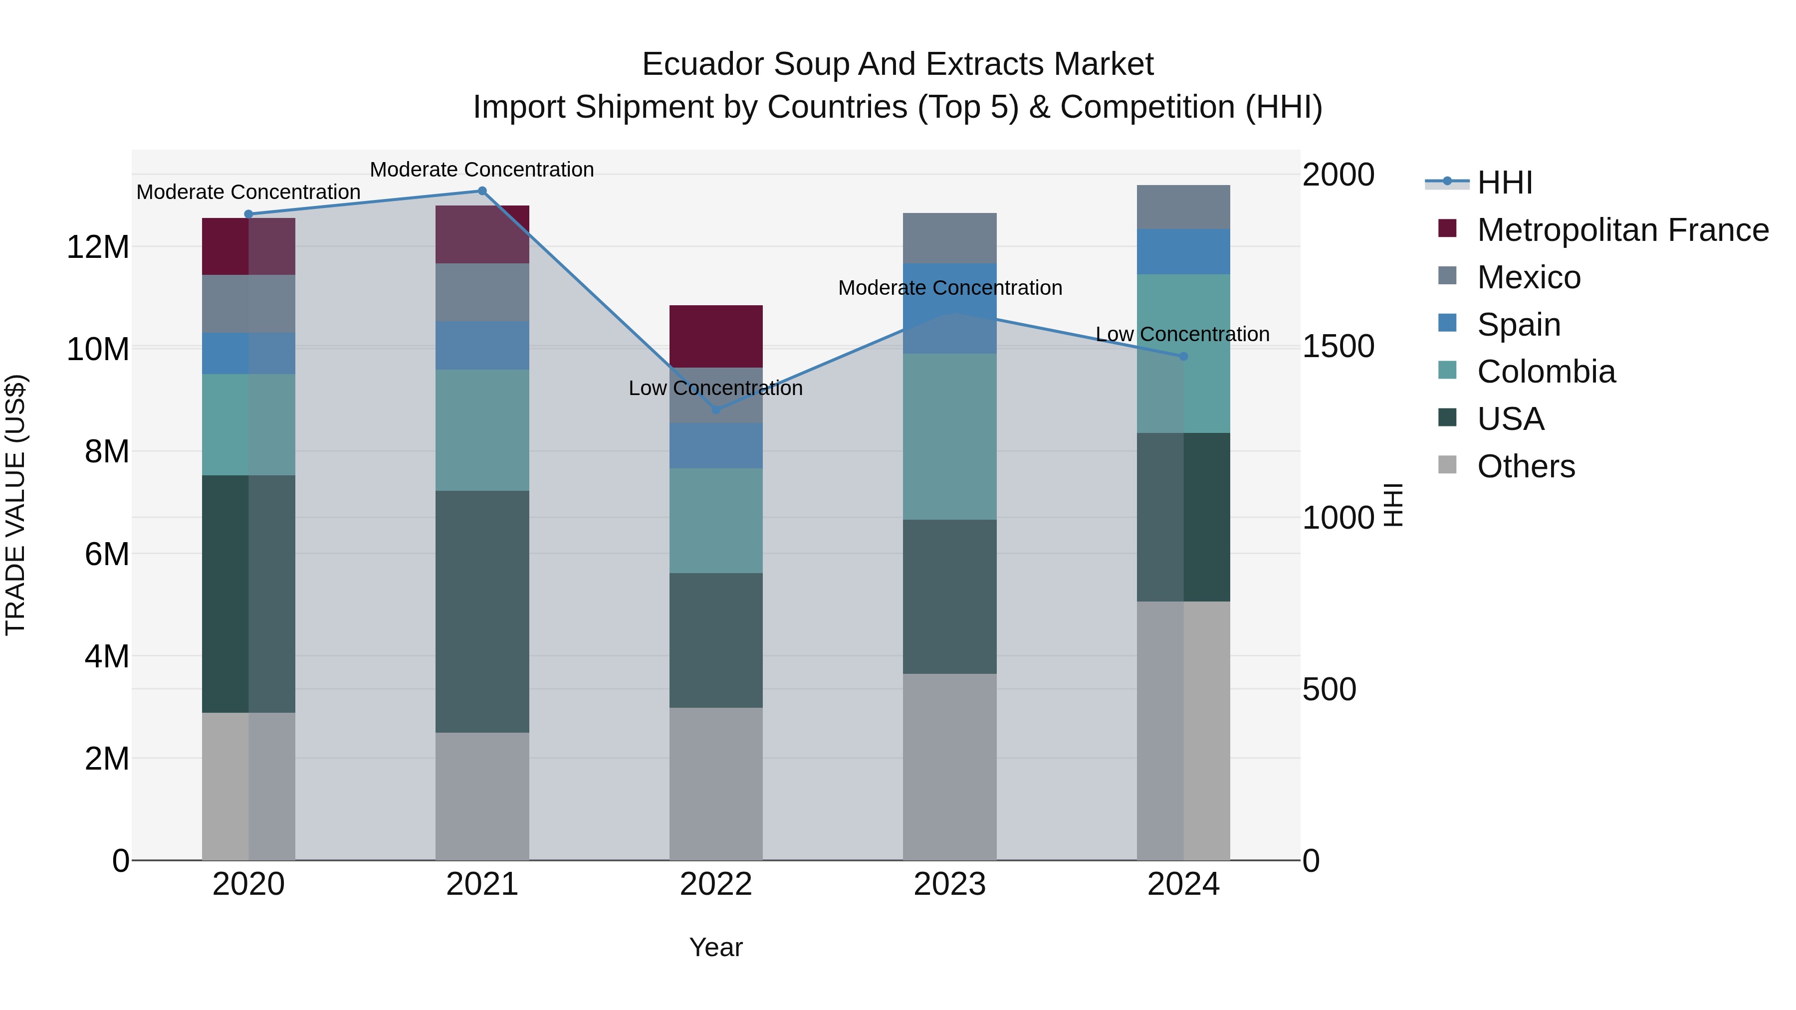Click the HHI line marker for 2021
(482, 191)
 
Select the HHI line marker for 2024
(1183, 356)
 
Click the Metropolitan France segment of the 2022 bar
(716, 336)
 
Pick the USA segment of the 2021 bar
(482, 611)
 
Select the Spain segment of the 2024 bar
(1183, 252)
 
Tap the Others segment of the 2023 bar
(949, 767)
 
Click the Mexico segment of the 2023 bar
(949, 238)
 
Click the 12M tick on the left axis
(98, 247)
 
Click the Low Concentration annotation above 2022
(715, 388)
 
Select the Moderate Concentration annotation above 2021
(482, 170)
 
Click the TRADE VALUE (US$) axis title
(16, 505)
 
